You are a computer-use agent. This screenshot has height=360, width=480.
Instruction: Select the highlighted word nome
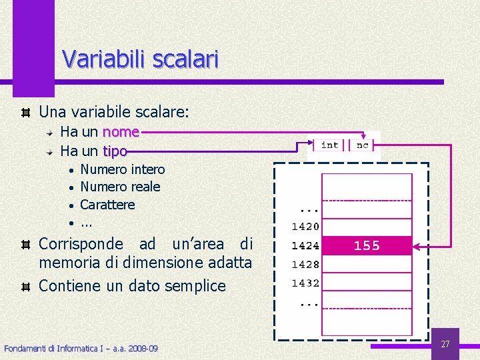(121, 132)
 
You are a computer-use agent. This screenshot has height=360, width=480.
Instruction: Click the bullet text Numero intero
(122, 169)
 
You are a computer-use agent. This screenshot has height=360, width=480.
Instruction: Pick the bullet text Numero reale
(120, 187)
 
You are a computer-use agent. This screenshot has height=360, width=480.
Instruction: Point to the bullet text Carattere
(107, 205)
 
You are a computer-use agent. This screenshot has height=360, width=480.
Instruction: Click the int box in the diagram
(330, 145)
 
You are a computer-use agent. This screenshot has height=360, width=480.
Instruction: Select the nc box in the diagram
(363, 145)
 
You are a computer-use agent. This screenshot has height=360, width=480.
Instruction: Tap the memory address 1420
(305, 227)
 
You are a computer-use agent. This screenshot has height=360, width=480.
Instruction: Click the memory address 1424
(305, 246)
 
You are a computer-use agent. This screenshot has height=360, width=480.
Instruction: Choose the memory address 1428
(305, 265)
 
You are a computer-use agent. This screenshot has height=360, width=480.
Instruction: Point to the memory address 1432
(305, 283)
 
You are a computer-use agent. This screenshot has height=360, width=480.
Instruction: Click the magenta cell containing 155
(367, 246)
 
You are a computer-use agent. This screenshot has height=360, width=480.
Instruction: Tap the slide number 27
(445, 344)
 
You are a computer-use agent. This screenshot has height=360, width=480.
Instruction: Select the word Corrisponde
(81, 243)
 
